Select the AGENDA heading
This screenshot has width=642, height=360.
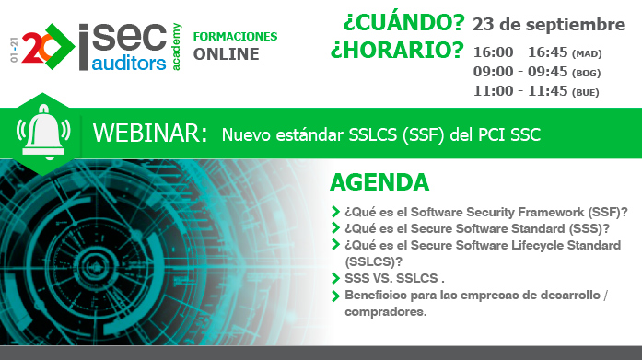click(x=379, y=181)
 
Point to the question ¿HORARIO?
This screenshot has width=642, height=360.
click(x=397, y=50)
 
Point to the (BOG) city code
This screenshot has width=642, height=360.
click(x=587, y=73)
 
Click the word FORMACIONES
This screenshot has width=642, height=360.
click(x=235, y=36)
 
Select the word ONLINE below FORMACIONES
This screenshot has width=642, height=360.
click(x=226, y=54)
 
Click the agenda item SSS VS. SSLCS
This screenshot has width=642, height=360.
click(x=394, y=277)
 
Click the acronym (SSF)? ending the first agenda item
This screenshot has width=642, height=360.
click(x=607, y=211)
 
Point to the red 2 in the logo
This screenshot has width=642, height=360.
click(x=29, y=44)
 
